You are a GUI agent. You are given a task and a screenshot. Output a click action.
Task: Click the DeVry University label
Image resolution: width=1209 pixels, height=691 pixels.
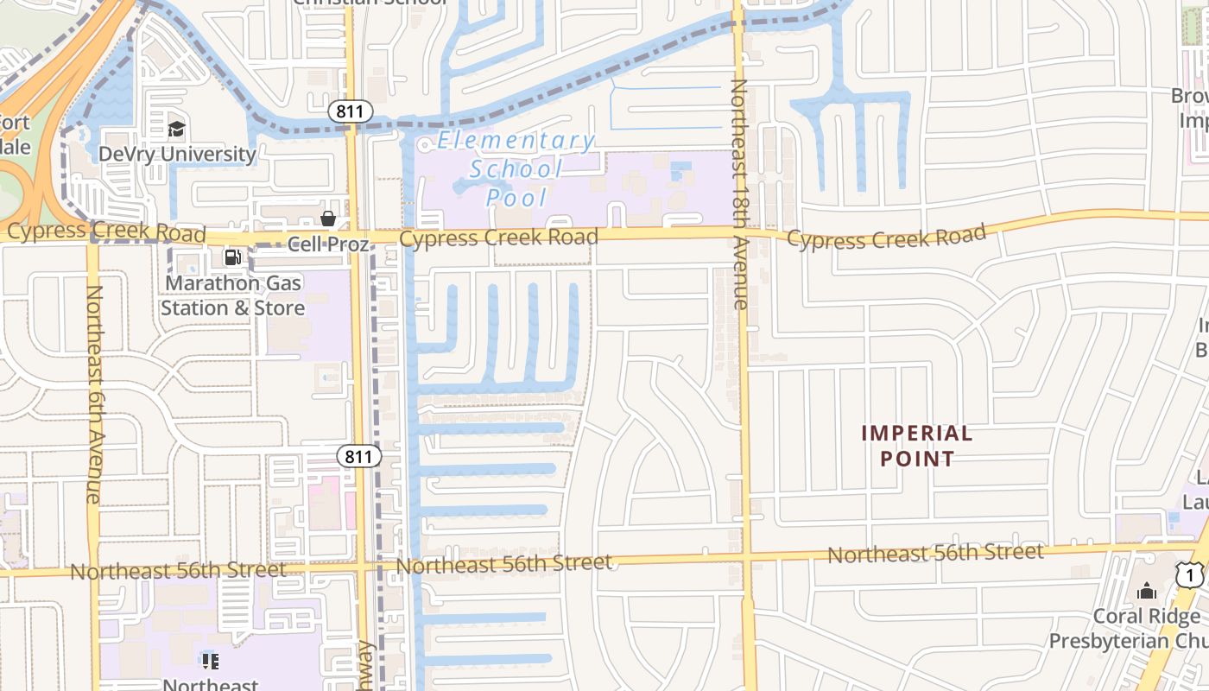177,155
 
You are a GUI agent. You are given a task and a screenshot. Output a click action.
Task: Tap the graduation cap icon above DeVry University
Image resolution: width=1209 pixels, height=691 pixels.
177,130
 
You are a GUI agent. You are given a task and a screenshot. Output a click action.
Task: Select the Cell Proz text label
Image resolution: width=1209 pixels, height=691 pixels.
328,244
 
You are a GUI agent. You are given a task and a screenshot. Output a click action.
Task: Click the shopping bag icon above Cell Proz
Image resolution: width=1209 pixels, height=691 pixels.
328,219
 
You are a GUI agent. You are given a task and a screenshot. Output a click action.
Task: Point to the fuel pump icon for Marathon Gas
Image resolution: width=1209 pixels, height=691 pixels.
232,257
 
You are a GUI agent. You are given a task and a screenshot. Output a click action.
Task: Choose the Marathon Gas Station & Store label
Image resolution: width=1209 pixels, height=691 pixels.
232,295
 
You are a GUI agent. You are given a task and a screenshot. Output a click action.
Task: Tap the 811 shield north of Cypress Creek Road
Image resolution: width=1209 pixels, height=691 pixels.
351,111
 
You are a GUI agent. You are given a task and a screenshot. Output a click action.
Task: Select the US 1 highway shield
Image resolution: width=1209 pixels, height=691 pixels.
1190,575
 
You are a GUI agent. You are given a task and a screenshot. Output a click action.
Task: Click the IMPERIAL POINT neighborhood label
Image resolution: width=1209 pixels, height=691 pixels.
917,446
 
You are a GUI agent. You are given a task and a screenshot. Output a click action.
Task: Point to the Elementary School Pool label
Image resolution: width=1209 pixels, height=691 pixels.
516,168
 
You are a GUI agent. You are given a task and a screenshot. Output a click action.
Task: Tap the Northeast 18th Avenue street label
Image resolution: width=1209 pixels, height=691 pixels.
740,194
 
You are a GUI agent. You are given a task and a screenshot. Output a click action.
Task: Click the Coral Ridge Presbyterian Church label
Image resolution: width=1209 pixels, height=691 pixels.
1131,629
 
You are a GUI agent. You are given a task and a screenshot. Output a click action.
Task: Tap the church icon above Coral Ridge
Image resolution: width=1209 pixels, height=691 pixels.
1147,591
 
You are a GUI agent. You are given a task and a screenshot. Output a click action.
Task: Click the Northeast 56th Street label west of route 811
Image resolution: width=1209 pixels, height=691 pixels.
178,571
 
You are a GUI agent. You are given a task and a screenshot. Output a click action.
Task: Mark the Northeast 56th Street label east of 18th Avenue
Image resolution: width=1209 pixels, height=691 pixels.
935,553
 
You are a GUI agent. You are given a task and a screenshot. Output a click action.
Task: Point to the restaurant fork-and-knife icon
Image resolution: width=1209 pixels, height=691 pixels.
211,662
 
